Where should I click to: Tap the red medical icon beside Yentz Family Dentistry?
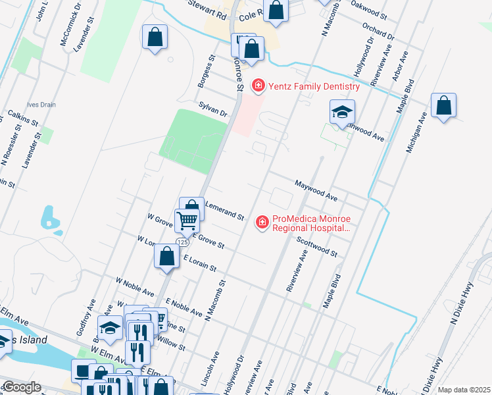click(258, 86)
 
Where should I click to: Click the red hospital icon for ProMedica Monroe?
click(262, 223)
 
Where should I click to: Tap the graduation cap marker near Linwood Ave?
click(342, 112)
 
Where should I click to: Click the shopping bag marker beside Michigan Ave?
click(444, 106)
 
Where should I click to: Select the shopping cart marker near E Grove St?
click(187, 221)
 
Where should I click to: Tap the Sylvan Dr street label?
click(212, 109)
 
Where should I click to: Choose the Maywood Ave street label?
click(316, 191)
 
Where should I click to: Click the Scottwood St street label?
click(316, 247)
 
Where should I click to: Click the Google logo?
click(21, 387)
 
